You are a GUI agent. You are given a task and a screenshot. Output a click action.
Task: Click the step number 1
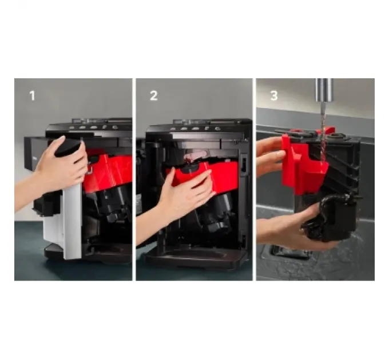click(x=32, y=96)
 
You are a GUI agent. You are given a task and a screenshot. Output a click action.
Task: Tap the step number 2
click(x=154, y=96)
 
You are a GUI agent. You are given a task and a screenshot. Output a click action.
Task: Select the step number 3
click(x=274, y=96)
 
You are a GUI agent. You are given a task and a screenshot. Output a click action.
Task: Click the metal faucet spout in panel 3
click(x=324, y=90)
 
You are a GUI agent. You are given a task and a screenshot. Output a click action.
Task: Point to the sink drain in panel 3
click(x=291, y=252)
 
